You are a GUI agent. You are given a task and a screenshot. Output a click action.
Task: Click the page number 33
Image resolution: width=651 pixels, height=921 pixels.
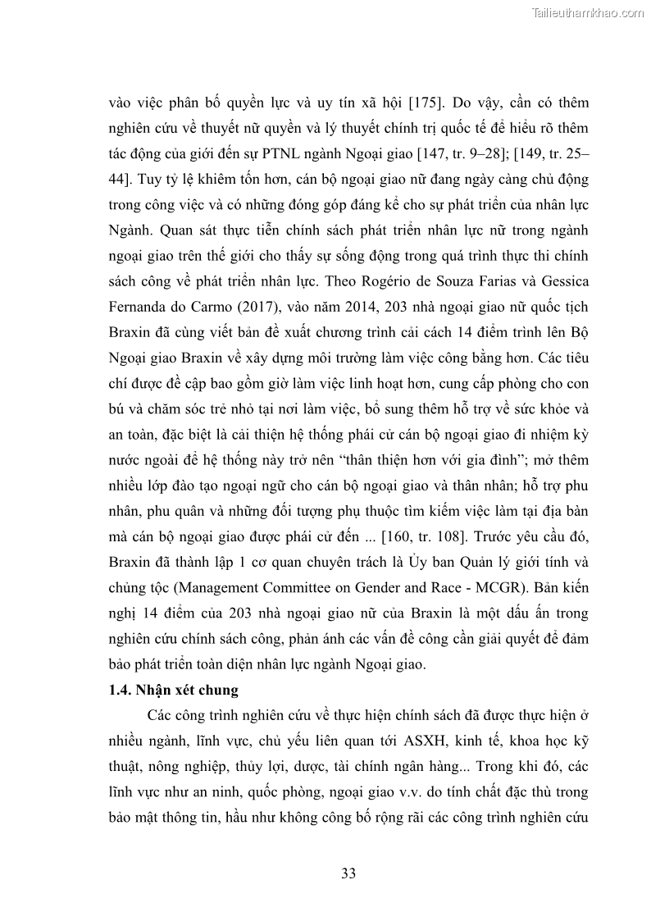(348, 874)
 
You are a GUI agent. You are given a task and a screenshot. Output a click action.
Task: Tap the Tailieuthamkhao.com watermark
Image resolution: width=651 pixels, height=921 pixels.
(589, 12)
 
